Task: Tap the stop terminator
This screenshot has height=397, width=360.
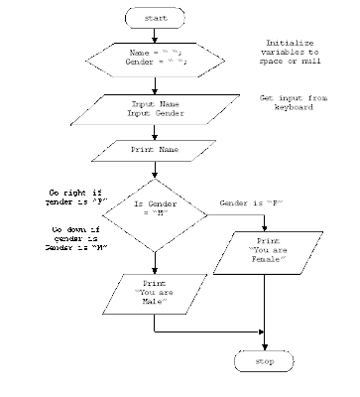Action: tap(264, 361)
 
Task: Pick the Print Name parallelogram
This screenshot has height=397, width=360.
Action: tap(155, 151)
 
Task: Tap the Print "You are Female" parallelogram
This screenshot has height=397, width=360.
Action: tap(269, 252)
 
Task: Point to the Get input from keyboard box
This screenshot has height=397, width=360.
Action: tap(287, 104)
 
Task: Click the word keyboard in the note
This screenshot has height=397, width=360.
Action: tap(287, 109)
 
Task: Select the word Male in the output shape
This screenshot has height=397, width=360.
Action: tap(154, 302)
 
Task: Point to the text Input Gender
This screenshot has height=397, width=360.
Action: tap(155, 114)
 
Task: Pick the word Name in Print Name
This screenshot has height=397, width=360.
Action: tap(170, 151)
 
